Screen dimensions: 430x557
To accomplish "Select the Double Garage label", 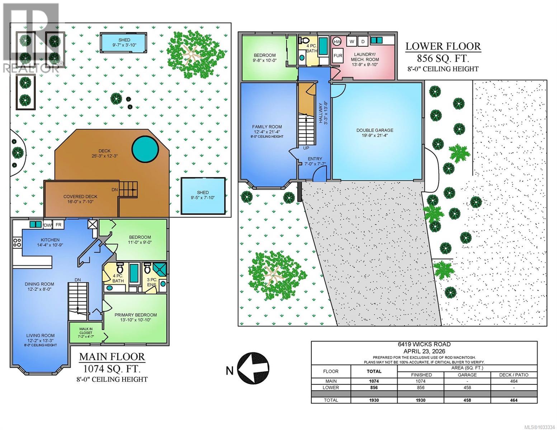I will pyautogui.click(x=375, y=130).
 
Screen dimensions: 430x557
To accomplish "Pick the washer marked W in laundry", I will pyautogui.click(x=352, y=42).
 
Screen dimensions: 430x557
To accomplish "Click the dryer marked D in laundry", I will pyautogui.click(x=363, y=42).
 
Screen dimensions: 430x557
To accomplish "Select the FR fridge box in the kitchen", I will pyautogui.click(x=58, y=225).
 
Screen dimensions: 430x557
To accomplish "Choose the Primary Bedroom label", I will pyautogui.click(x=136, y=315).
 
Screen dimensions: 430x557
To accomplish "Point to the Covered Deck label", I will pyautogui.click(x=80, y=197).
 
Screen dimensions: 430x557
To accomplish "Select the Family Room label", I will pyautogui.click(x=267, y=126).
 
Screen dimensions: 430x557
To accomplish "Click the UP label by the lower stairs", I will pyautogui.click(x=306, y=148).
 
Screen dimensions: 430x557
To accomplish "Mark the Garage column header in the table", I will pyautogui.click(x=467, y=375).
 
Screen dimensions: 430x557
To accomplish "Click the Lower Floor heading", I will pyautogui.click(x=443, y=46).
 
